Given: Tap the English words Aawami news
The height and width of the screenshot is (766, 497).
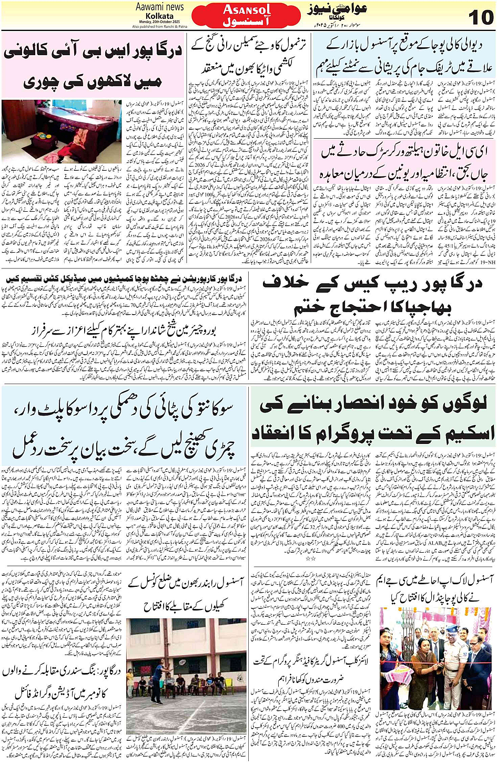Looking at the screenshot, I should [159, 7].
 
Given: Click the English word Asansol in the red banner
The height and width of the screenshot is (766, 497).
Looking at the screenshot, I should [247, 9].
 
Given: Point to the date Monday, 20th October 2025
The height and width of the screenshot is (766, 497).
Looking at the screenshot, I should [159, 22].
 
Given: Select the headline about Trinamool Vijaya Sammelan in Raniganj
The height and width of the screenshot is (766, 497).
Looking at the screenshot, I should [249, 58].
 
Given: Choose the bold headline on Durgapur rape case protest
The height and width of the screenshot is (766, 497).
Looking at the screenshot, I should [372, 295].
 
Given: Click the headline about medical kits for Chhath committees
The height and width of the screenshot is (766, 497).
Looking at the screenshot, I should [124, 278].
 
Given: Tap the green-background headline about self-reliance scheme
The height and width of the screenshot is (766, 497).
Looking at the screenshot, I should [372, 419].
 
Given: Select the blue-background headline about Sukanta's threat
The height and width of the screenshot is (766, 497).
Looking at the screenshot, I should [124, 428].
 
